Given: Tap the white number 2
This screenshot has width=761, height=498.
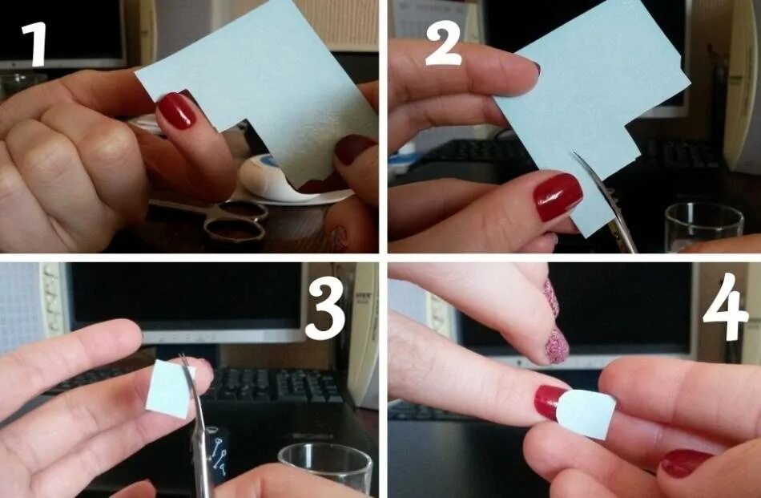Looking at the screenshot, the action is click(x=443, y=44).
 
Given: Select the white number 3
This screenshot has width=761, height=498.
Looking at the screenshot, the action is click(x=324, y=309).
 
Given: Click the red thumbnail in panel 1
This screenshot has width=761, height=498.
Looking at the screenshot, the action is click(x=175, y=111).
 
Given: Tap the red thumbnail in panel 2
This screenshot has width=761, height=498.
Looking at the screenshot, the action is click(x=558, y=196).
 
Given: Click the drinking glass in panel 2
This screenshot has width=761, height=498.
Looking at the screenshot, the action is click(x=704, y=227).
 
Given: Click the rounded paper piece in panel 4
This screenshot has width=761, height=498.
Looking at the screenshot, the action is click(x=586, y=414).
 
